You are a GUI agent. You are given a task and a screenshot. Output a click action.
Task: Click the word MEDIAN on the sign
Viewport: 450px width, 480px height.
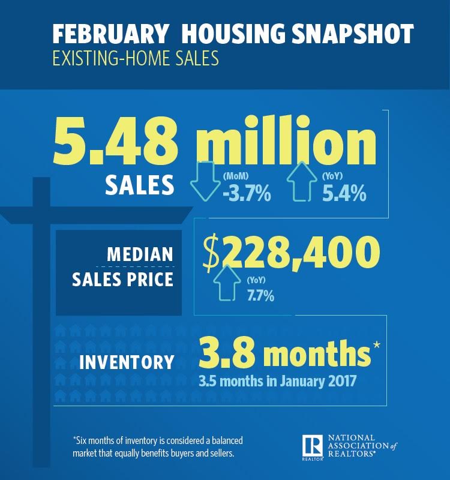click(140, 253)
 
